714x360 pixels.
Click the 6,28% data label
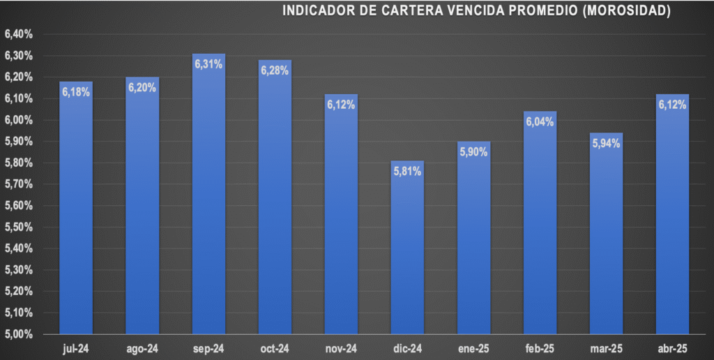[275, 70]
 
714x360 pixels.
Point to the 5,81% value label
[407, 172]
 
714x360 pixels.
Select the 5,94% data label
[607, 144]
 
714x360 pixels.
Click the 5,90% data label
[473, 152]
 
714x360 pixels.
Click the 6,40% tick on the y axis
[19, 34]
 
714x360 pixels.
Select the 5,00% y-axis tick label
[19, 334]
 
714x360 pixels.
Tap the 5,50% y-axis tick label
[19, 227]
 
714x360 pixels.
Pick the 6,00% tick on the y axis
[19, 120]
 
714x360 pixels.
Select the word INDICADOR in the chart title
[317, 10]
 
